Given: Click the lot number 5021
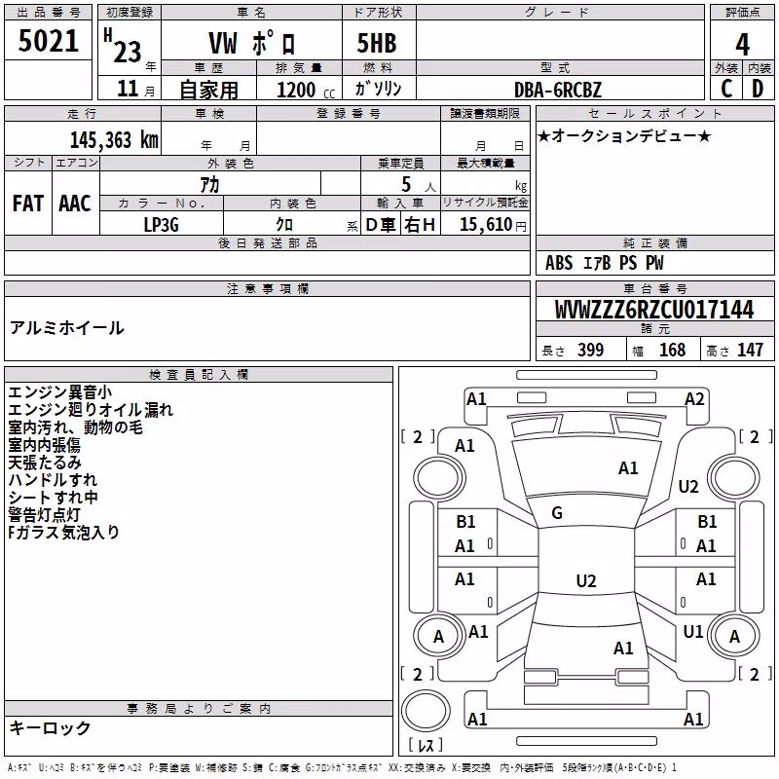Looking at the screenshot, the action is (x=48, y=41).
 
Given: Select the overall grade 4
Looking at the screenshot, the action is (x=742, y=45).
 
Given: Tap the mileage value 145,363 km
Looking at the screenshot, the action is (x=114, y=140).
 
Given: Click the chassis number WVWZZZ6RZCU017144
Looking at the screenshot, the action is (x=654, y=309).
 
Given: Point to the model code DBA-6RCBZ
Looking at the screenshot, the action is (x=558, y=90).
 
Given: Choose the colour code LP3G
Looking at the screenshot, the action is (x=161, y=225).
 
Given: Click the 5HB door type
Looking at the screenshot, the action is (x=377, y=43).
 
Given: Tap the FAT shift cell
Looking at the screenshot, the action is (x=28, y=204).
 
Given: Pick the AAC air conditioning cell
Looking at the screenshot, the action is (x=75, y=204).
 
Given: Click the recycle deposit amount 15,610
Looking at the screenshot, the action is (x=486, y=225).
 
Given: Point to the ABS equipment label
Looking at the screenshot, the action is (x=559, y=263).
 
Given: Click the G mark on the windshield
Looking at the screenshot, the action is (x=557, y=513).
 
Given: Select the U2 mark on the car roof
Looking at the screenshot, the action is (x=586, y=580).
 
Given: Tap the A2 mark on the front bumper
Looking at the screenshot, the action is (x=694, y=399).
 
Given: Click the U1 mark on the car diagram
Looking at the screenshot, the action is (x=693, y=631).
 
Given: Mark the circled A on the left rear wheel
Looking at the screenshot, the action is (x=438, y=637).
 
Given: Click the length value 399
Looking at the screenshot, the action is (x=590, y=350).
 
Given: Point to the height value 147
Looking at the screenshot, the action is (x=750, y=350).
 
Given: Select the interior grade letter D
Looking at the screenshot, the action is (x=758, y=89).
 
